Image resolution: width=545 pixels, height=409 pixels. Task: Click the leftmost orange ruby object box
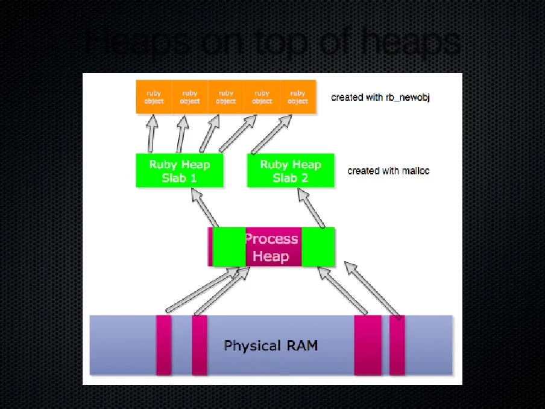[x=154, y=97]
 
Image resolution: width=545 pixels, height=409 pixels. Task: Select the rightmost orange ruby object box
[x=298, y=97]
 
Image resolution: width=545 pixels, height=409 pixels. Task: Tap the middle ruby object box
[x=226, y=97]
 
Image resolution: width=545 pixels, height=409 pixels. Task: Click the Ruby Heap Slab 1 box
[x=179, y=171]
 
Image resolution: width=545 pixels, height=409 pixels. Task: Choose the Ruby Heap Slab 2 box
[x=291, y=171]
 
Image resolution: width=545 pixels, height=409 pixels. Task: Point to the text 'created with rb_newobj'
[x=380, y=97]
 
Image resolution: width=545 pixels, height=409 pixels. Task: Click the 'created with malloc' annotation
[x=388, y=171]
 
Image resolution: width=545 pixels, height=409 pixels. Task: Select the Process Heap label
[x=271, y=247]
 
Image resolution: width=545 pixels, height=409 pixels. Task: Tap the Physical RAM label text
[x=271, y=346]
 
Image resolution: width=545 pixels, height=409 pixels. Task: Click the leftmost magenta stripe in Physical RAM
[x=163, y=345]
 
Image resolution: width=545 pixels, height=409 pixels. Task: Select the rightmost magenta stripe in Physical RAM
[x=397, y=345]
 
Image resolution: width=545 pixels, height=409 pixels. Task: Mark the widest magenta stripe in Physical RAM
[x=368, y=345]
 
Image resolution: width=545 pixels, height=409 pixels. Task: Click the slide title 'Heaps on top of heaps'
[x=272, y=42]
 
